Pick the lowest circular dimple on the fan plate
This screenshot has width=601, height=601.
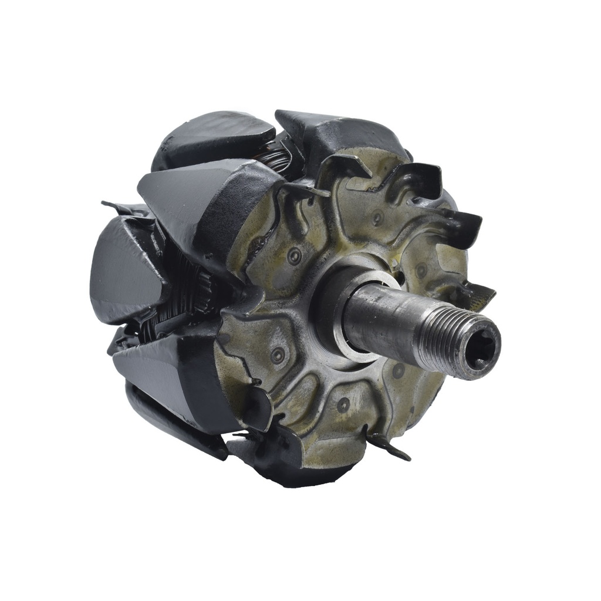coord(343,404)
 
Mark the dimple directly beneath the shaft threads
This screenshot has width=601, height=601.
coord(399,370)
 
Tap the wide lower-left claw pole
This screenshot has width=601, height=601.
coord(170,376)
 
